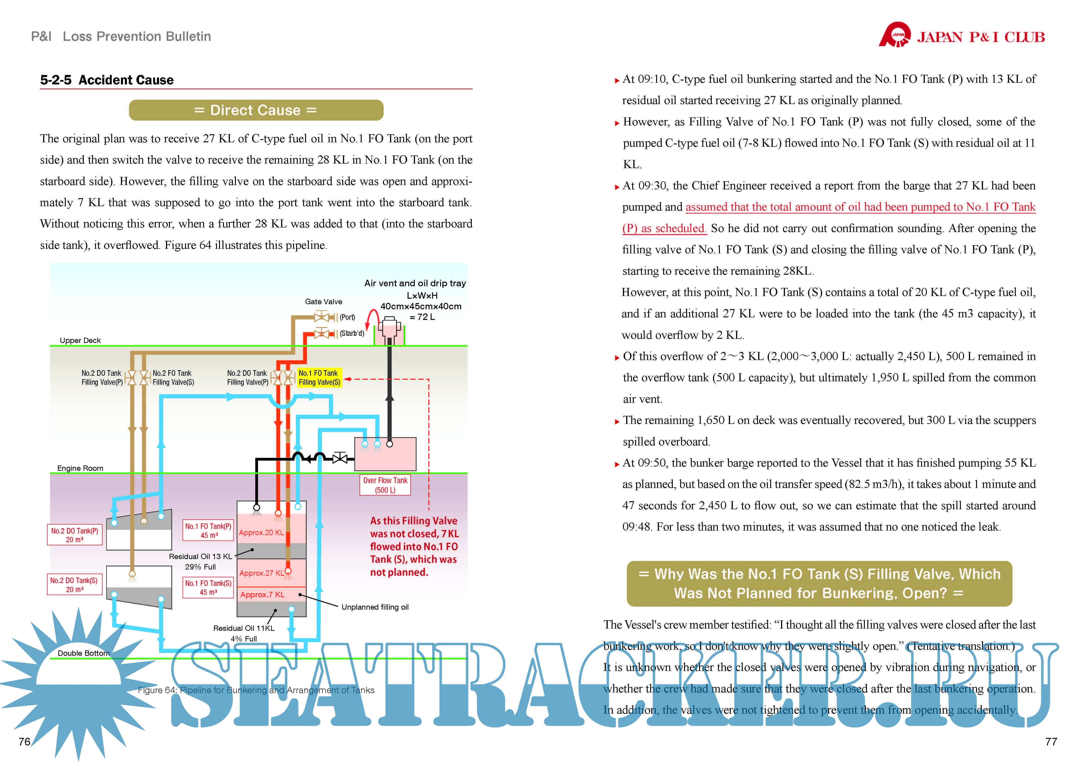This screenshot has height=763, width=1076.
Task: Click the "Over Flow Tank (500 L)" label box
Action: tap(385, 485)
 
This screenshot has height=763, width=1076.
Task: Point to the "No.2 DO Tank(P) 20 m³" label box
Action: tap(75, 535)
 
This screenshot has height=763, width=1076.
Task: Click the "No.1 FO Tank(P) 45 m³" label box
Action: tap(208, 531)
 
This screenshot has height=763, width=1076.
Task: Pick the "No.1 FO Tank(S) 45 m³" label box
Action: tap(208, 587)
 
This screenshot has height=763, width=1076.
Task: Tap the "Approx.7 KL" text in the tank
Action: tap(262, 594)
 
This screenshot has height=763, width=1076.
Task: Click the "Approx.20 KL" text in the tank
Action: tap(261, 532)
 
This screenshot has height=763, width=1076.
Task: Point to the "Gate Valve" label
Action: tap(323, 302)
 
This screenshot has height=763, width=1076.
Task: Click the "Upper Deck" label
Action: tap(80, 340)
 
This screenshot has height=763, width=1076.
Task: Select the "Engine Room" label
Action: tap(80, 468)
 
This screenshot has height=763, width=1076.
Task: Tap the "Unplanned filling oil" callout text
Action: tap(375, 607)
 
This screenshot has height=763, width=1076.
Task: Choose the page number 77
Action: tap(1051, 741)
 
